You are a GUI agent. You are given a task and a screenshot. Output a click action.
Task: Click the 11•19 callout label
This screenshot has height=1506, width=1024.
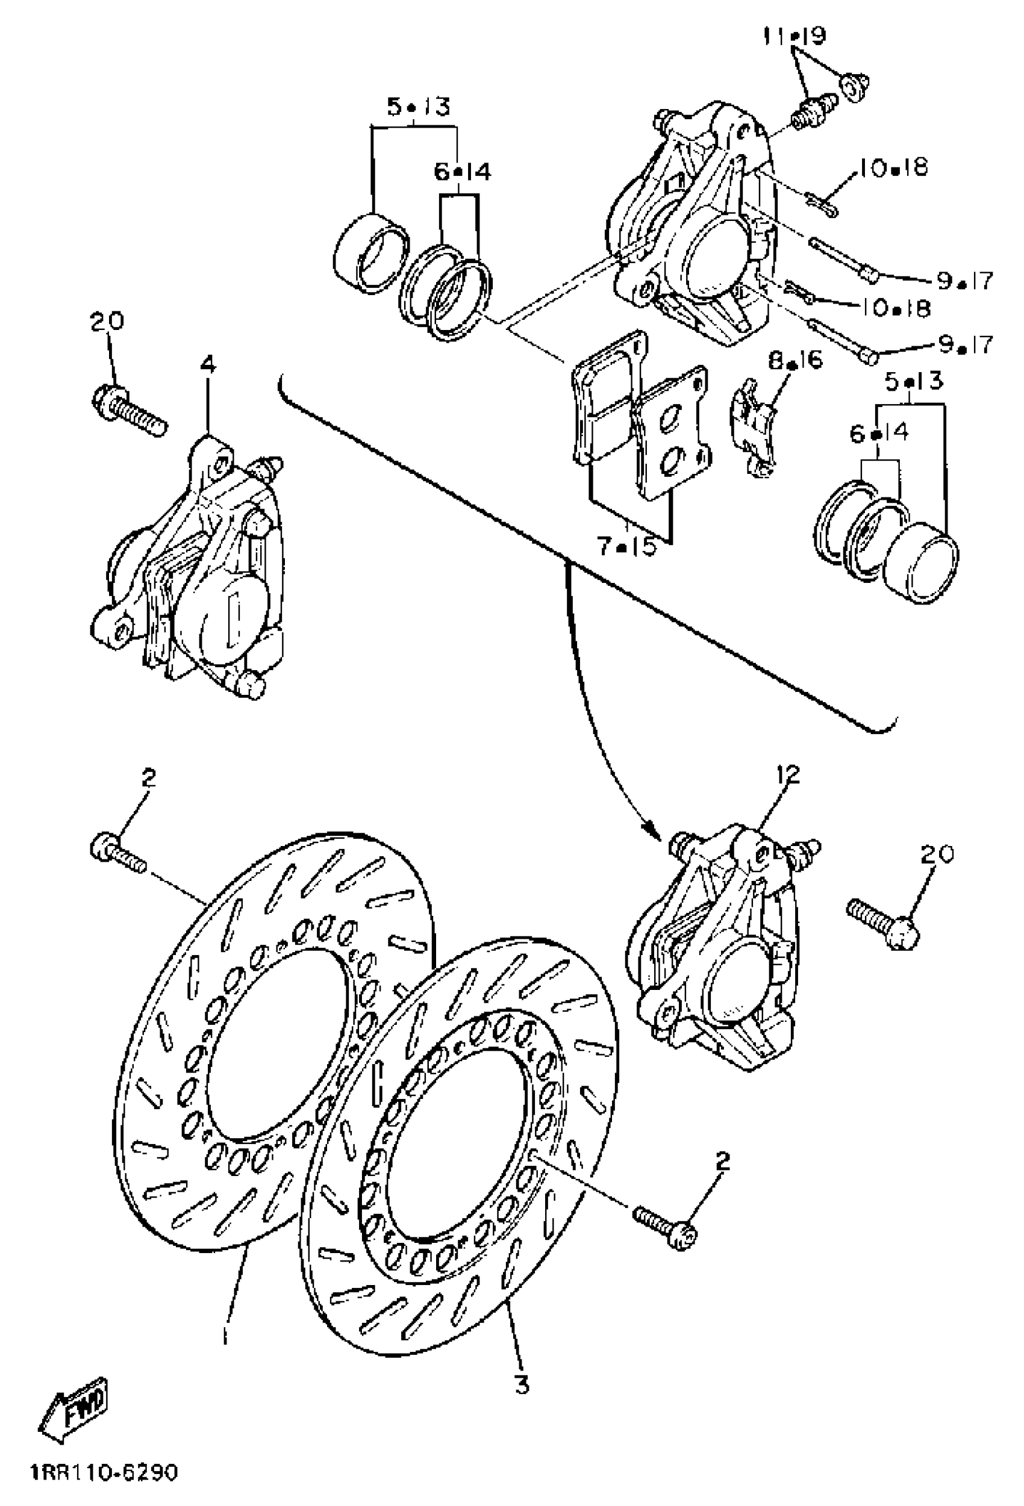pos(794,37)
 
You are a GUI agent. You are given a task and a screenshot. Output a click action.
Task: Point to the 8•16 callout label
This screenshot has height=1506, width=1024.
pos(795,359)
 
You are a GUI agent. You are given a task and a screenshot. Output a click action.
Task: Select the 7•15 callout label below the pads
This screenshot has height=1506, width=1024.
pos(626,547)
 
